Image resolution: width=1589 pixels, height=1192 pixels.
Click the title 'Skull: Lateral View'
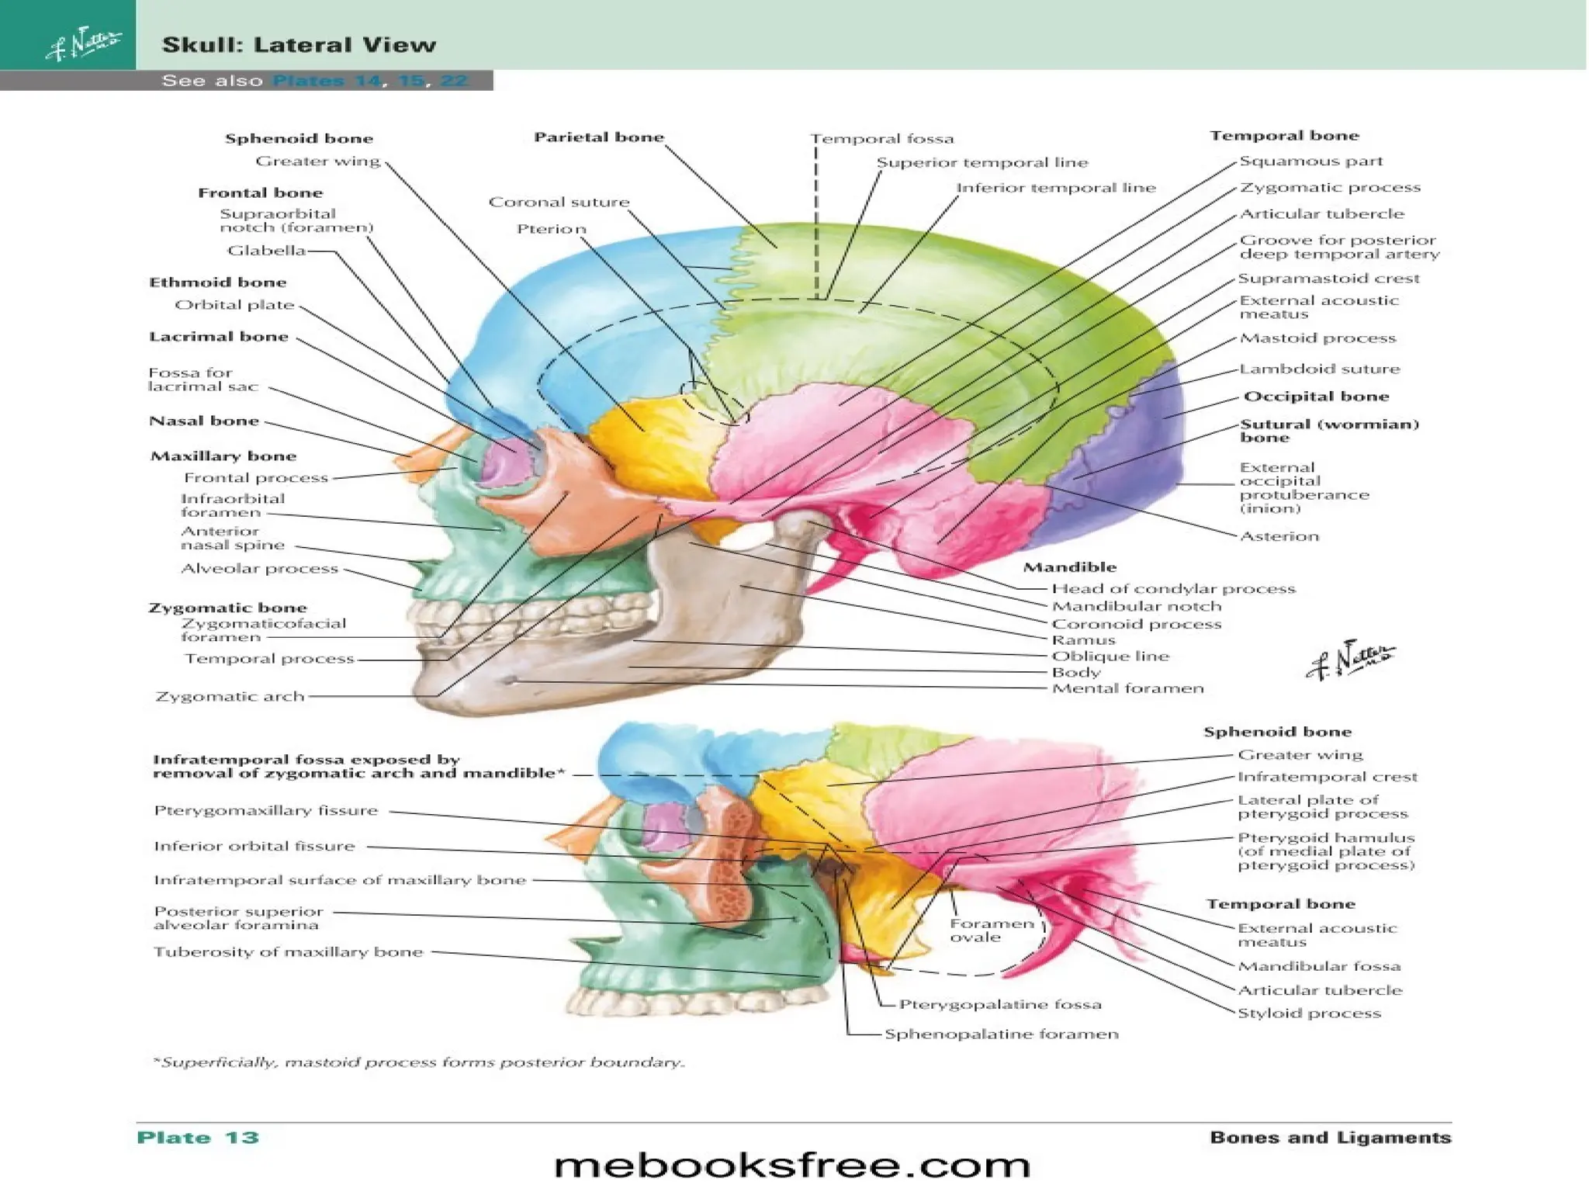(x=299, y=45)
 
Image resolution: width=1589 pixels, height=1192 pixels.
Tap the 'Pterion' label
(x=552, y=229)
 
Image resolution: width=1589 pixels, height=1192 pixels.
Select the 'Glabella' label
(x=266, y=251)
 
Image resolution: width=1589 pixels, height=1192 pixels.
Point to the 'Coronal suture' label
(x=559, y=203)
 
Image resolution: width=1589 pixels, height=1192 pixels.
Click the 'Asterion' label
(x=1279, y=536)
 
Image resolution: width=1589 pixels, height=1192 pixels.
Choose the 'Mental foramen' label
(x=1127, y=688)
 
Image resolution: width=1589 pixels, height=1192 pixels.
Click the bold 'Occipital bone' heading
(x=1316, y=397)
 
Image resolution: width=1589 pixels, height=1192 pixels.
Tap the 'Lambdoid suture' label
(x=1319, y=369)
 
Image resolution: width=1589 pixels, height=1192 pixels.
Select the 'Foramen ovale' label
(x=992, y=930)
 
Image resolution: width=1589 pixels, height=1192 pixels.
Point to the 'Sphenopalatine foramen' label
(x=1001, y=1034)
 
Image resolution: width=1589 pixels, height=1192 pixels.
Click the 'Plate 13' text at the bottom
(x=197, y=1138)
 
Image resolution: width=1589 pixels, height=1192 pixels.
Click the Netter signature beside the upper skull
(x=1350, y=660)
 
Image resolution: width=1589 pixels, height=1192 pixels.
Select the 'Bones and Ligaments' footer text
(x=1330, y=1138)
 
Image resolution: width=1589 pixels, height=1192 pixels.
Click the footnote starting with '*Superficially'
(x=419, y=1062)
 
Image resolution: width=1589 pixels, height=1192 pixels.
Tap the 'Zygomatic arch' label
(x=230, y=697)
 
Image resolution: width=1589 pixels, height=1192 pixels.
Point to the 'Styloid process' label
(x=1309, y=1014)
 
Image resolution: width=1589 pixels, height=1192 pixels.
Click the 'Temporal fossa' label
(x=882, y=139)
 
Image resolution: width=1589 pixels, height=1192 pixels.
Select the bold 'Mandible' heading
(x=1069, y=567)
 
